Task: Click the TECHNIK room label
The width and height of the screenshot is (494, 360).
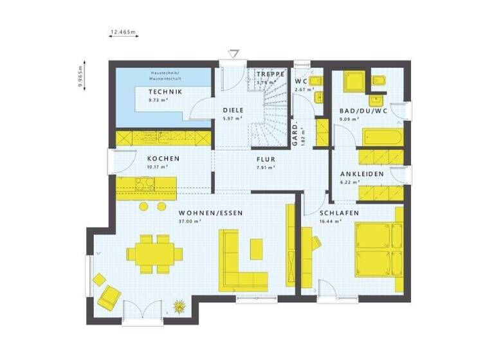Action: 166,92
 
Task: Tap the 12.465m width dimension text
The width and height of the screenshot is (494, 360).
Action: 124,31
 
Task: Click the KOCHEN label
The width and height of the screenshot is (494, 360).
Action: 163,158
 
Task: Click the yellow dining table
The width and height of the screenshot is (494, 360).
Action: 155,253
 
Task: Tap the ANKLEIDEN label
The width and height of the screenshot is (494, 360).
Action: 362,174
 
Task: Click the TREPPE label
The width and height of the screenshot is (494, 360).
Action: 270,74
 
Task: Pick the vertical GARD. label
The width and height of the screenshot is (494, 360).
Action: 295,136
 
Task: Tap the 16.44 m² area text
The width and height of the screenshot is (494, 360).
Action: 331,222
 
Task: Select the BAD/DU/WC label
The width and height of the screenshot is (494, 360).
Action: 363,111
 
